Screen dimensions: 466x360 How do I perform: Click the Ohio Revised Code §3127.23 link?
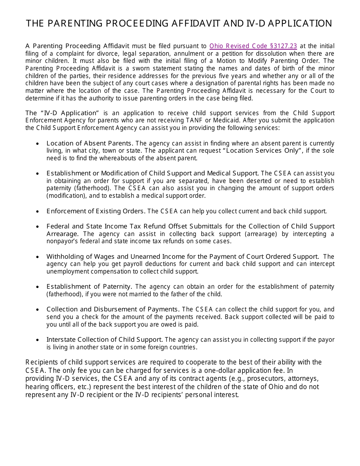point(253,46)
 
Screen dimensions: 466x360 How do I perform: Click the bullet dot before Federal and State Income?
point(38,227)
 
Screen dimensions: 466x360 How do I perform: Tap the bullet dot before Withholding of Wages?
point(38,257)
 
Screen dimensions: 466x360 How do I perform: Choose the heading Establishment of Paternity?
point(89,287)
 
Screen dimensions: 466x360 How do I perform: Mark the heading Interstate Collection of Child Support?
point(105,339)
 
